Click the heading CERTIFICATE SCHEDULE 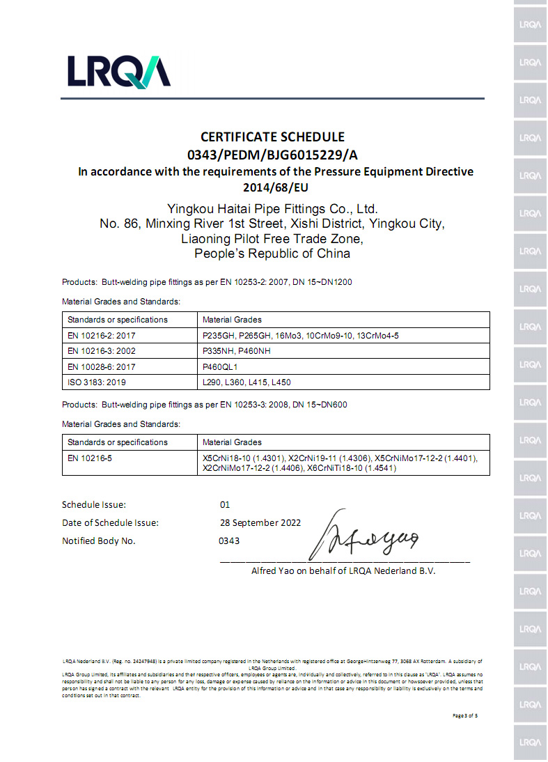pyautogui.click(x=273, y=137)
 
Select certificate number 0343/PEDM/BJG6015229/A pyautogui.click(x=273, y=154)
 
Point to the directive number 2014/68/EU pyautogui.click(x=274, y=187)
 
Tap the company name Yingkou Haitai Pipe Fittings pyautogui.click(x=273, y=208)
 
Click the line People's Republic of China pyautogui.click(x=272, y=254)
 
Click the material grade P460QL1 pyautogui.click(x=220, y=366)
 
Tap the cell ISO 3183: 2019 pyautogui.click(x=97, y=382)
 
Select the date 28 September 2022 pyautogui.click(x=260, y=522)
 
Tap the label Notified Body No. pyautogui.click(x=99, y=541)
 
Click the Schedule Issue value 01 pyautogui.click(x=224, y=504)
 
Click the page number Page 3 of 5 pyautogui.click(x=465, y=715)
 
